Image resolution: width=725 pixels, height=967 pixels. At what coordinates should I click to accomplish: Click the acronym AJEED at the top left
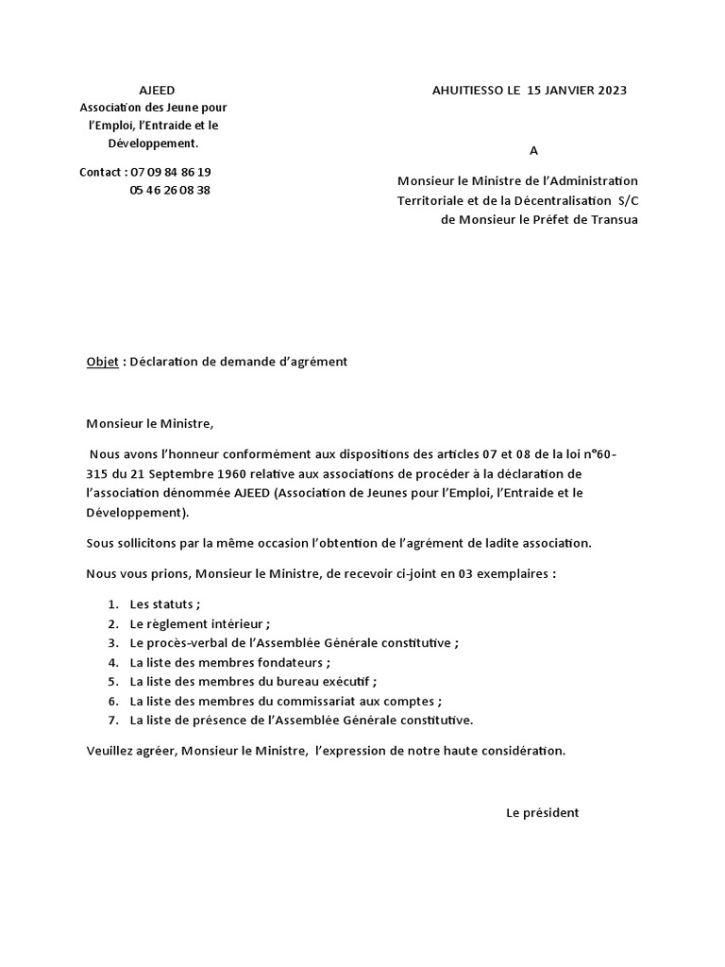point(151,91)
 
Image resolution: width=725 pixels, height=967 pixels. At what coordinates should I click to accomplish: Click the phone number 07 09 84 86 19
point(171,172)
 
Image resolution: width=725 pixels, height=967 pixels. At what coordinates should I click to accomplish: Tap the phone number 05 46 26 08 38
point(170,190)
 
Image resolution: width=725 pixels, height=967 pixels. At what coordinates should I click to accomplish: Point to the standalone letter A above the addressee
point(533,150)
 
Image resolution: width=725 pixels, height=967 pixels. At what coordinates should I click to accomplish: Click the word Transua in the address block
point(613,219)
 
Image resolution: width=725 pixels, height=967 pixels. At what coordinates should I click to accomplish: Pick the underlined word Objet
point(103,362)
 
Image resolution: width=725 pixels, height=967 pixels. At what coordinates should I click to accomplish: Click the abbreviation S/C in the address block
point(628,201)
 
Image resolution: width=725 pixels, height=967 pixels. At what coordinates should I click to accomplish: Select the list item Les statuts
point(164,604)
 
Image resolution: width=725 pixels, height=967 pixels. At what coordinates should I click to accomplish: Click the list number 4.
point(112,662)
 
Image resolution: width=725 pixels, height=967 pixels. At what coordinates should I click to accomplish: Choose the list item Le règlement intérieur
point(199,623)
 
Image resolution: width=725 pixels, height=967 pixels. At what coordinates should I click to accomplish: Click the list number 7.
point(112,720)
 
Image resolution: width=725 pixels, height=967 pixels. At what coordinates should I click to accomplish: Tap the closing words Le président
point(543,812)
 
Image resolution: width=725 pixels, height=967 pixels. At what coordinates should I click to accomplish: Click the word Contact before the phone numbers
point(101,172)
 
